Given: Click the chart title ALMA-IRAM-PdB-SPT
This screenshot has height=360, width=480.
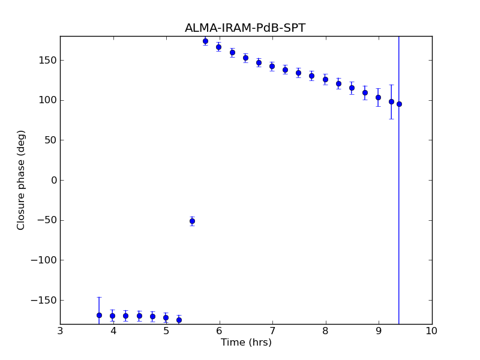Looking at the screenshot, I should click(245, 28).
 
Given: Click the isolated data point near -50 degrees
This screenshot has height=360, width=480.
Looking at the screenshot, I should click(192, 221).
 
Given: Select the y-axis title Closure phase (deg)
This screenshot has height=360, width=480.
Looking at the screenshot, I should click(22, 180).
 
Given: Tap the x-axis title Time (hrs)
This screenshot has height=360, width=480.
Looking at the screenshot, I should click(246, 343).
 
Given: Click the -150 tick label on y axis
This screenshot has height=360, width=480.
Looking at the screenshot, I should click(44, 300).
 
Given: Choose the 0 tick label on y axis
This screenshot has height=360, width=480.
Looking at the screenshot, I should click(53, 180).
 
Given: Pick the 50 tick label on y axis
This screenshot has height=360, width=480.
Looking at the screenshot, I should click(49, 140).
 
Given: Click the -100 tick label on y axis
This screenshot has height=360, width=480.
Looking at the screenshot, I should click(44, 260).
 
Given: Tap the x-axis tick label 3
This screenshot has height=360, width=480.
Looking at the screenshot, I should click(60, 331).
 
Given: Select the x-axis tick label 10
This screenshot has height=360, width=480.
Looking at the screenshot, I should click(431, 331).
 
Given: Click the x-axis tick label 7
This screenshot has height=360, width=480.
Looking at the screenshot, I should click(272, 331).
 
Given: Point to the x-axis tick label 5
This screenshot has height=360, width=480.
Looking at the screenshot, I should click(166, 331).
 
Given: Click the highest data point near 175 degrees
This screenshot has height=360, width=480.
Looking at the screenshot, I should click(205, 41).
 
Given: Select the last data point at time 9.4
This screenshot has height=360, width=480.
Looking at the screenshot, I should click(399, 104).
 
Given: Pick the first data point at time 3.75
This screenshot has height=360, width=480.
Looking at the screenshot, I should click(99, 315).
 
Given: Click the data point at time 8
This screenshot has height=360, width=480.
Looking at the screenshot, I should click(325, 79).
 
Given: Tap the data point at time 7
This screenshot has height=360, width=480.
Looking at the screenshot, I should click(272, 66).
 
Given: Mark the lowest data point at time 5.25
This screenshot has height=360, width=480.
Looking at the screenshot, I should click(179, 320).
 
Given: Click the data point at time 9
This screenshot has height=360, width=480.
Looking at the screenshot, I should click(378, 97).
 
